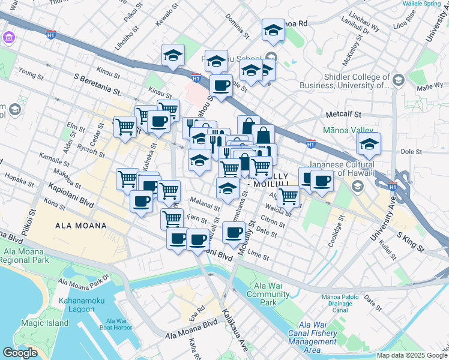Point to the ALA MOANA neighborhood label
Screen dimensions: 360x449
pyautogui.click(x=80, y=226)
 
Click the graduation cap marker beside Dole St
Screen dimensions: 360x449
pyautogui.click(x=369, y=143)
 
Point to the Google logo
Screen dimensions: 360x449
pyautogui.click(x=20, y=352)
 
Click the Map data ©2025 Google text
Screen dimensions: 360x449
pyautogui.click(x=412, y=355)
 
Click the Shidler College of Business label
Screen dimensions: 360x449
pyautogui.click(x=357, y=81)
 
